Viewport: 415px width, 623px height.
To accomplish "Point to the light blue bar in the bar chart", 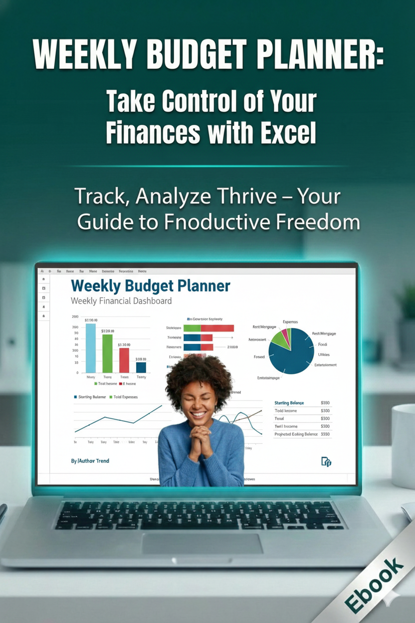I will click(x=91, y=348).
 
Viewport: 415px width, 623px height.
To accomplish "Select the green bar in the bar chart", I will click(x=108, y=353).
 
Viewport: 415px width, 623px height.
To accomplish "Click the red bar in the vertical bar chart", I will click(x=124, y=360).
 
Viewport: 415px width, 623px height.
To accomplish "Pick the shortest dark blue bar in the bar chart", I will click(x=141, y=367).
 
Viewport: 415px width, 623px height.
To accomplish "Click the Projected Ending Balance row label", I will click(x=296, y=434).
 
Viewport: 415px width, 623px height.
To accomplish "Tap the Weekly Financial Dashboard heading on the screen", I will click(x=121, y=301).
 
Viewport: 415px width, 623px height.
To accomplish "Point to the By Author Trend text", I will click(x=90, y=461).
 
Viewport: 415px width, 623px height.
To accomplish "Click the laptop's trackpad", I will click(x=202, y=543).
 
